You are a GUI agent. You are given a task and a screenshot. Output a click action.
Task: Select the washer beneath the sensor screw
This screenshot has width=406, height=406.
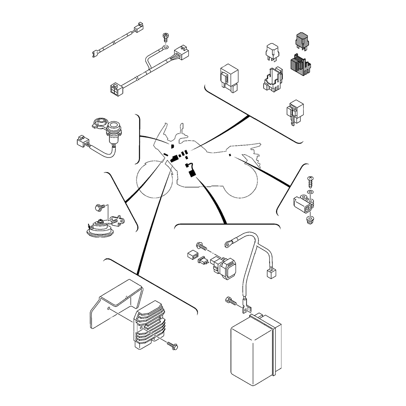[x=310, y=191]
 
